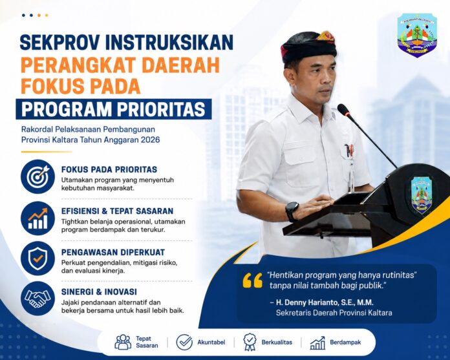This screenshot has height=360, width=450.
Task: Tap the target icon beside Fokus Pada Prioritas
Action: click(x=38, y=176)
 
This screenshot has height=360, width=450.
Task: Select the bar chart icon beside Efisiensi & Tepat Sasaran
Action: click(x=38, y=218)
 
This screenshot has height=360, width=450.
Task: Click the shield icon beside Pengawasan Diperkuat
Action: click(x=38, y=258)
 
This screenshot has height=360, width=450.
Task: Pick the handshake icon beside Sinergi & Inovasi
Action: click(x=38, y=299)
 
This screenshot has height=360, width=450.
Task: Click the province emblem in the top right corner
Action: click(x=417, y=35)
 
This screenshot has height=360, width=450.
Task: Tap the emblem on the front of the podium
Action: click(x=422, y=195)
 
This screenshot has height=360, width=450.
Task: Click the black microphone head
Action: click(x=343, y=110)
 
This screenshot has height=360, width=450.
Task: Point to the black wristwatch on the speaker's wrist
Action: click(x=292, y=211)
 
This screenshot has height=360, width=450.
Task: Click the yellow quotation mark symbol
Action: click(x=253, y=280)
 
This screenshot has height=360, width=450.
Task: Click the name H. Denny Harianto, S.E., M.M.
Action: click(x=325, y=302)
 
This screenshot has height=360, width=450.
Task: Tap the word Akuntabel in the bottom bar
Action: click(x=211, y=342)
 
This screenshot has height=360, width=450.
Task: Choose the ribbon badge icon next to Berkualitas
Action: click(x=250, y=342)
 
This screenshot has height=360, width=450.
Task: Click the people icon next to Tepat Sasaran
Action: click(x=123, y=342)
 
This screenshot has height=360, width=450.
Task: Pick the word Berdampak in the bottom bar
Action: click(x=345, y=342)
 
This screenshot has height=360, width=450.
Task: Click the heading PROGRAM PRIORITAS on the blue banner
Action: click(x=114, y=109)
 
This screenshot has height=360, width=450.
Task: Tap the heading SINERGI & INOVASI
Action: click(x=99, y=291)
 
